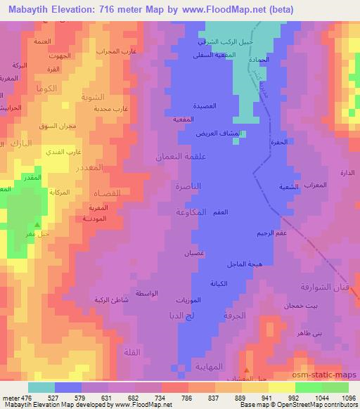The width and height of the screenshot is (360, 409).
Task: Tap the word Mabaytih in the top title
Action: pyautogui.click(x=27, y=8)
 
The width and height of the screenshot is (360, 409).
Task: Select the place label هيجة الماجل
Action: pyautogui.click(x=245, y=264)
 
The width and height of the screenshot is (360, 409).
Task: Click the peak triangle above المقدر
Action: pyautogui.click(x=37, y=167)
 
